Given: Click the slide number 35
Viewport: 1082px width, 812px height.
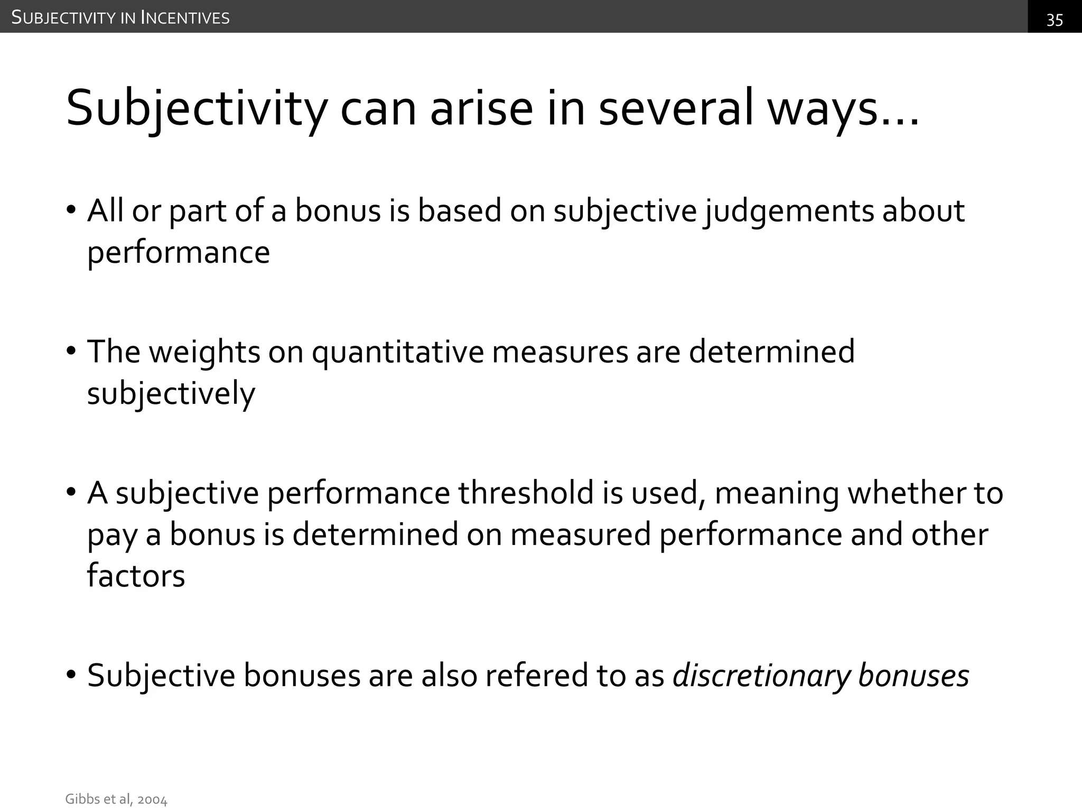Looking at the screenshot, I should click(x=1055, y=20).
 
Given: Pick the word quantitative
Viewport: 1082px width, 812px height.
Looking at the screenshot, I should click(x=398, y=353).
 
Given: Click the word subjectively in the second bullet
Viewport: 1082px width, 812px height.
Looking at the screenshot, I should click(x=171, y=394).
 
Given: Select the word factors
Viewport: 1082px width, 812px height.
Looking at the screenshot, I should click(x=136, y=576).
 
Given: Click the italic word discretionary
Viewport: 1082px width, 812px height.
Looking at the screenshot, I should click(x=761, y=676).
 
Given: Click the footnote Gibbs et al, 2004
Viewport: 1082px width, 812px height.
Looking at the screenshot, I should click(x=116, y=799).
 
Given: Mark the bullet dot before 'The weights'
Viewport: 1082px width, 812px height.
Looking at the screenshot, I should click(x=71, y=353).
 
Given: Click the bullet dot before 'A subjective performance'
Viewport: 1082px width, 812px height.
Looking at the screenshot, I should click(x=71, y=493).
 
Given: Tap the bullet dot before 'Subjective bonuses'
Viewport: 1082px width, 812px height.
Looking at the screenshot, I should click(x=71, y=676).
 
